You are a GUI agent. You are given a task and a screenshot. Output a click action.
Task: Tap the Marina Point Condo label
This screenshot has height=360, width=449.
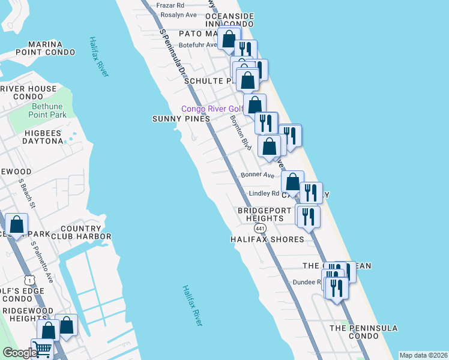point(44,49)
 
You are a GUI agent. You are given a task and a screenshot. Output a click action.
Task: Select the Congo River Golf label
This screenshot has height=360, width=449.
point(212,109)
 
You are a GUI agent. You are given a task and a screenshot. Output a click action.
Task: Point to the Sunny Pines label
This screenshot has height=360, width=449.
point(181,119)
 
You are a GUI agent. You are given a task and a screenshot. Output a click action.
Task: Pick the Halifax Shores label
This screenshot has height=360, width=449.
point(268,239)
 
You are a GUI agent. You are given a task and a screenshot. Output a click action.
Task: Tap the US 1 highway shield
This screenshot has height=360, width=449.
point(29,280)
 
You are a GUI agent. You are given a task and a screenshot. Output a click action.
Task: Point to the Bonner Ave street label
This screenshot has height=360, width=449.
point(258,175)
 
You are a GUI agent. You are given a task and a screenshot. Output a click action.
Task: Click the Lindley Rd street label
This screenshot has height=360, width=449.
point(264,193)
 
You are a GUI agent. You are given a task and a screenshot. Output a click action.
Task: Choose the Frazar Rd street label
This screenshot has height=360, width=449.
point(170,5)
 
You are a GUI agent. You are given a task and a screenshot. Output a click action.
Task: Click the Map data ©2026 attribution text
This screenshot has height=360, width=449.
point(423,355)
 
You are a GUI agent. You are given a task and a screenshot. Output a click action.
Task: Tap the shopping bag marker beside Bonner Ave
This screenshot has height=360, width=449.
point(292,182)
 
